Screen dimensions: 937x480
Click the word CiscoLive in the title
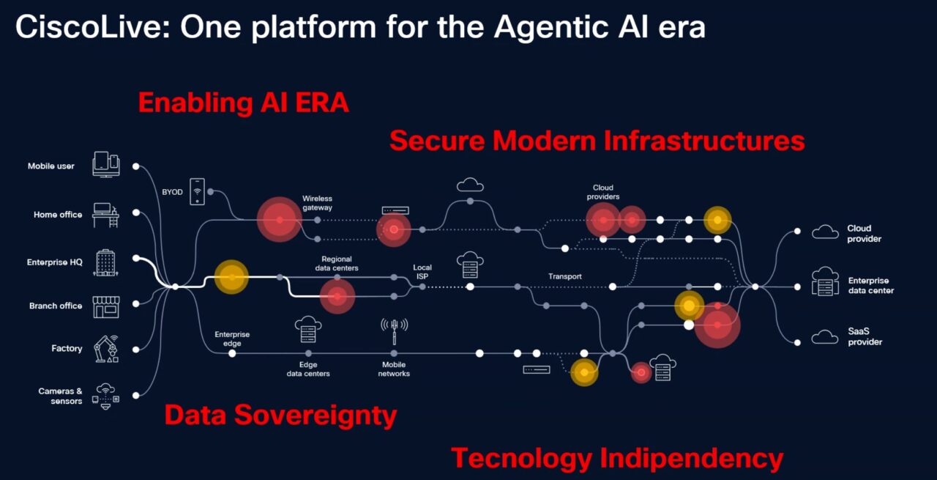93,27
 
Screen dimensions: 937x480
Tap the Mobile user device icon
106,164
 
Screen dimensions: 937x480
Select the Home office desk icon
105,215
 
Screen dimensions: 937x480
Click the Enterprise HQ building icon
105,262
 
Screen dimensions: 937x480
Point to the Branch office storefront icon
106,307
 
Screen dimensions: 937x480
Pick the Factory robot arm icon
106,349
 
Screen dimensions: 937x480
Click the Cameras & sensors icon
105,396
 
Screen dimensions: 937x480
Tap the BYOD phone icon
198,191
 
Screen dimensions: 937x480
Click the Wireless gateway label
317,203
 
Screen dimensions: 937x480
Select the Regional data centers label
337,264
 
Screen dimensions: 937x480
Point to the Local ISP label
422,271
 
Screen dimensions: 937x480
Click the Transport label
564,276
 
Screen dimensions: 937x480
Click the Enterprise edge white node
232,353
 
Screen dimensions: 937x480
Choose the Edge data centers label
308,369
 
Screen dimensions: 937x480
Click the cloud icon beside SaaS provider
825,337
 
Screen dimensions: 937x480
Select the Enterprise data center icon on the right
825,281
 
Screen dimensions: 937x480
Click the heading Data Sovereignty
280,415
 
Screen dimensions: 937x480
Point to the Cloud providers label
602,192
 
